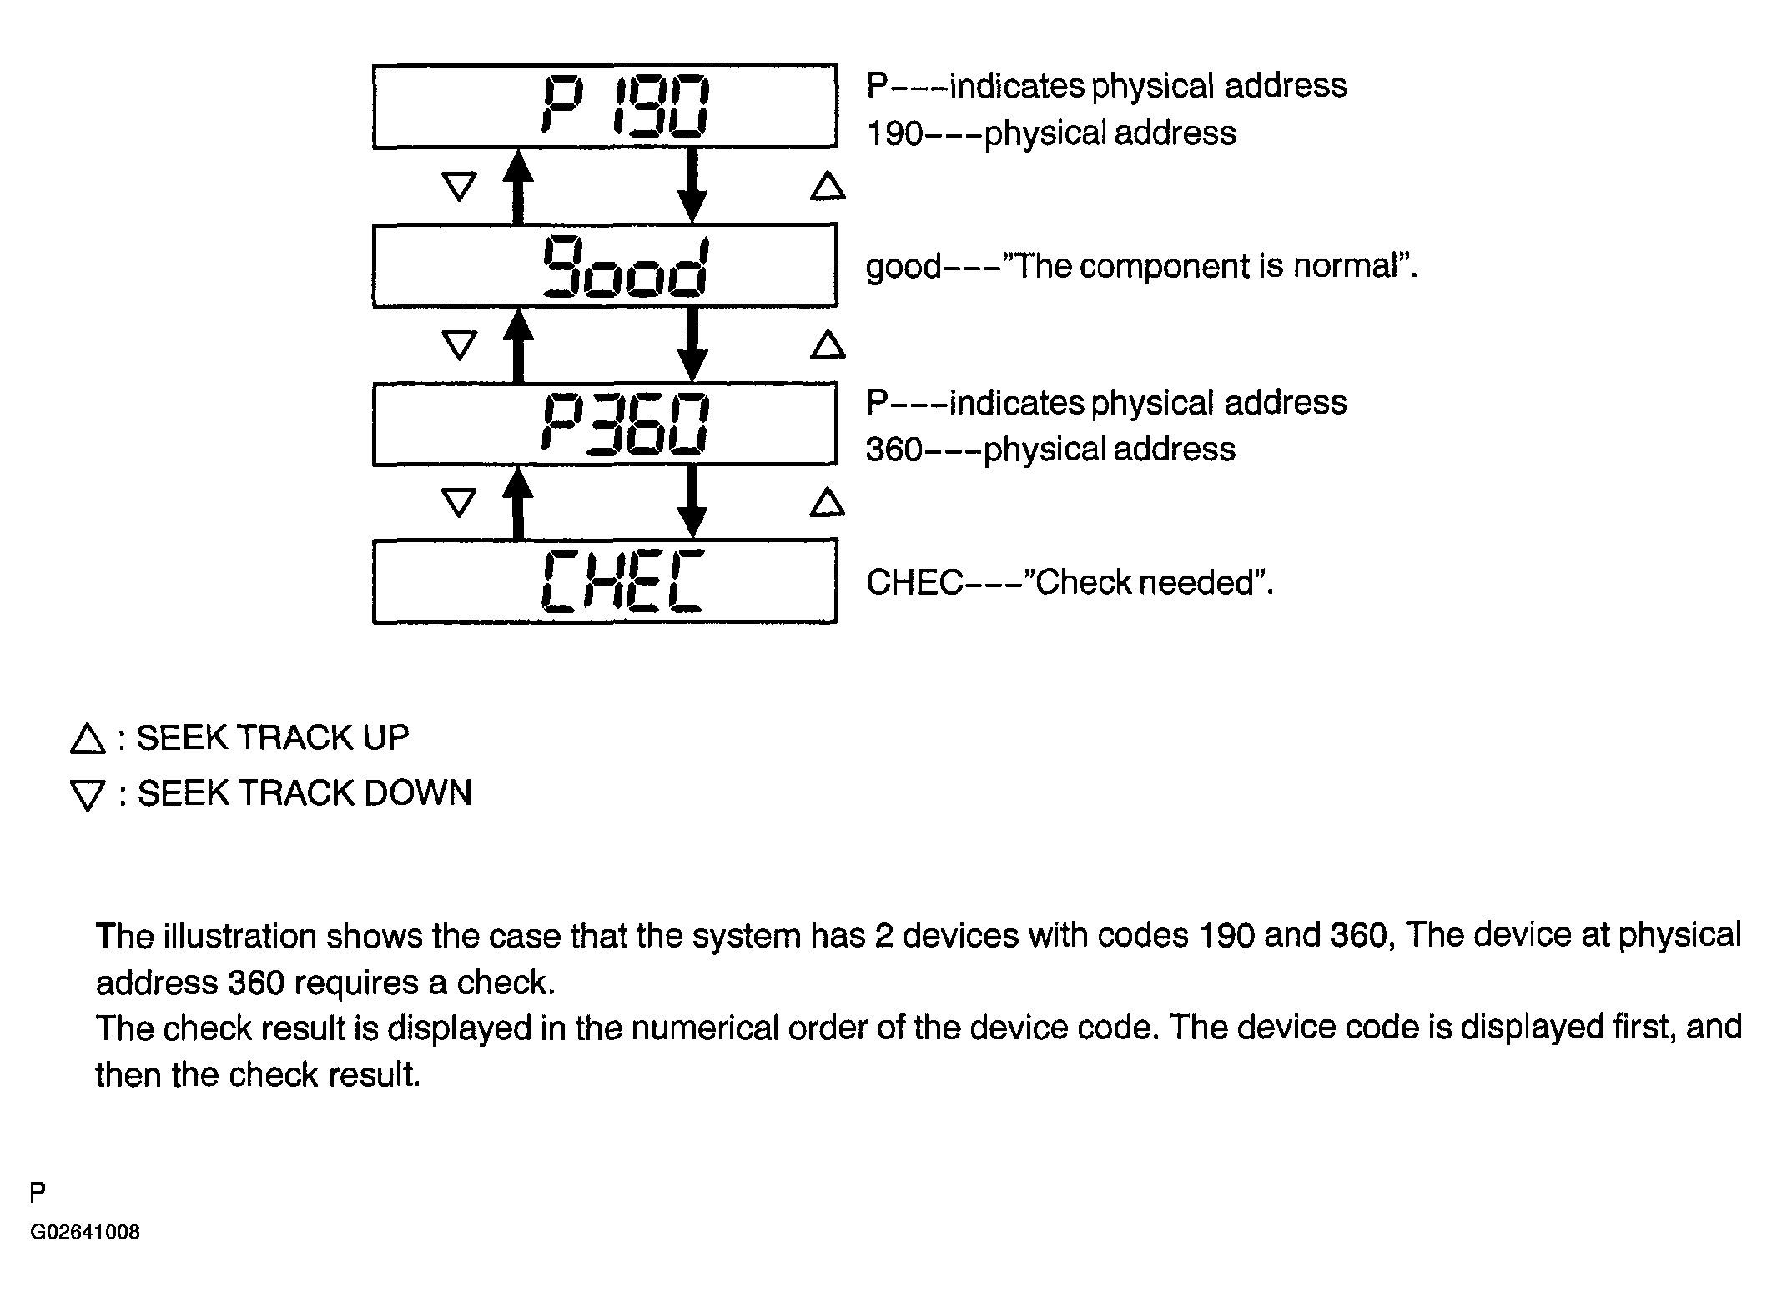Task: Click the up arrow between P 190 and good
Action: (x=518, y=186)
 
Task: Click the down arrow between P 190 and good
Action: (x=692, y=186)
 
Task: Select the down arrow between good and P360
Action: (x=692, y=344)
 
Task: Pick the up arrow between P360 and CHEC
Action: (x=518, y=503)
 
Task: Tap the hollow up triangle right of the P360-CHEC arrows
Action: (x=828, y=503)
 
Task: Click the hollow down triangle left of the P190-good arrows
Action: (x=459, y=186)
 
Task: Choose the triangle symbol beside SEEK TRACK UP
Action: (x=88, y=739)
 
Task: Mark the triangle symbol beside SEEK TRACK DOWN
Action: (x=88, y=796)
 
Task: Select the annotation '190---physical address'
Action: (x=1051, y=133)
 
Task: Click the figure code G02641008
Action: (x=85, y=1232)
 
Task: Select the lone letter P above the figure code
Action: (x=38, y=1193)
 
